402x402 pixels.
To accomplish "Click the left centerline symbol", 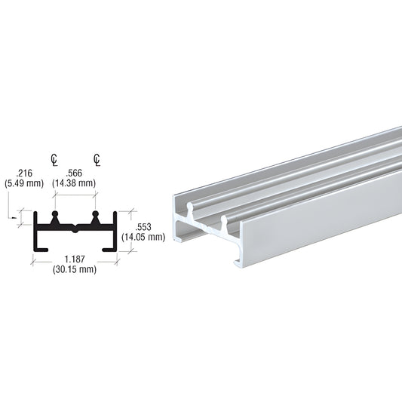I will (x=54, y=159).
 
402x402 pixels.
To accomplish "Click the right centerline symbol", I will (x=97, y=159).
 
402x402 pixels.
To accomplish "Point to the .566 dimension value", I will (x=75, y=172).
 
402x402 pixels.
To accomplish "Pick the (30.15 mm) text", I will (x=74, y=270).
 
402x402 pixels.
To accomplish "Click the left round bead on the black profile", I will (x=54, y=216).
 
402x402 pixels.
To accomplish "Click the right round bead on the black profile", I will (x=96, y=216).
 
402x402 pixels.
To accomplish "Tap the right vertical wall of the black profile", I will (x=116, y=230).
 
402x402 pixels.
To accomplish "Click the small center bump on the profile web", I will (x=75, y=226).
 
